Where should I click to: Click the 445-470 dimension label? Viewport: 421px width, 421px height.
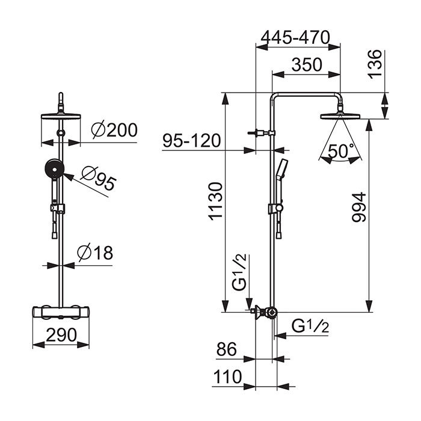(x=295, y=37)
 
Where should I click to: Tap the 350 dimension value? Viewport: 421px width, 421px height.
(x=307, y=65)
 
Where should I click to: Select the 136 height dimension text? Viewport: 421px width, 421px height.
(x=375, y=64)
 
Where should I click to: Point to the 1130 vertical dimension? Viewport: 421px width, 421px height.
(x=216, y=201)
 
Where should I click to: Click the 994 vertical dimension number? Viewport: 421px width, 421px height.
(x=359, y=207)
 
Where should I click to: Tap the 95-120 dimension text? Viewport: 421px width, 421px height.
(x=192, y=140)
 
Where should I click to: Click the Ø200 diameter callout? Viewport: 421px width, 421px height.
(x=114, y=131)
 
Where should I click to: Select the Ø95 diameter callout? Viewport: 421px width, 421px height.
(x=99, y=179)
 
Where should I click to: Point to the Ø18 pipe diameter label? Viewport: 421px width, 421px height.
(x=95, y=253)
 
